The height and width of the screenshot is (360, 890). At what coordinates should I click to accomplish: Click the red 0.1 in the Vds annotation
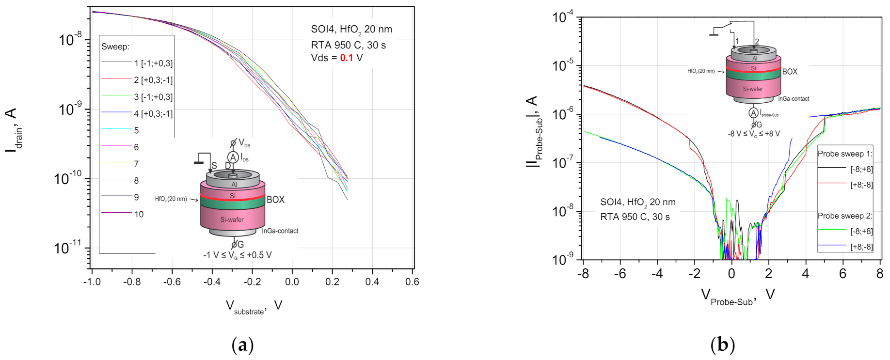pos(346,58)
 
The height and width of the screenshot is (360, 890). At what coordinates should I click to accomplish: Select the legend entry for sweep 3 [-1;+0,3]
pos(153,97)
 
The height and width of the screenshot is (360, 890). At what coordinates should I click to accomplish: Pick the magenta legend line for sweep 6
pos(116,146)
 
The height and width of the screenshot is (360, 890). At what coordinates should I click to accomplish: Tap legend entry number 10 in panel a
pos(139,214)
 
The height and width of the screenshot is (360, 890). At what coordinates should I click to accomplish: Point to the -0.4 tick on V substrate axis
pos(211,282)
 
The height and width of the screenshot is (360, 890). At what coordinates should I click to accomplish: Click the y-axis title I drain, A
pos(13,130)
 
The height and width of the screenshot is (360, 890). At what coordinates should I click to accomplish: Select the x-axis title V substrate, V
pos(254,307)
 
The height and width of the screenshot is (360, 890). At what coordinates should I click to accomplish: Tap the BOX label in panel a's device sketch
pos(275,200)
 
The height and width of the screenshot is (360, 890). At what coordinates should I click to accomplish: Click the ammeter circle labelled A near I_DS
pos(233,157)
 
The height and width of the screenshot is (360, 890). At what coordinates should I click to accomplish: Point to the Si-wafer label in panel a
pos(232,220)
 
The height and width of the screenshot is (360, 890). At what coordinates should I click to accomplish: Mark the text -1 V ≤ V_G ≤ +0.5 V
pos(237,255)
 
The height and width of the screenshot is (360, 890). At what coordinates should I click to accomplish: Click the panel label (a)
pos(243,345)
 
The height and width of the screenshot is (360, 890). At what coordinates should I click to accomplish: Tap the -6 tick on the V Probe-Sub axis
pos(620,274)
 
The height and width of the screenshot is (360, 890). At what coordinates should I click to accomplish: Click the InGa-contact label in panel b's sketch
pos(794,99)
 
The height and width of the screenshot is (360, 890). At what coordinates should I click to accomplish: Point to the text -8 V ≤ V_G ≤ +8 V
pos(754,134)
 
